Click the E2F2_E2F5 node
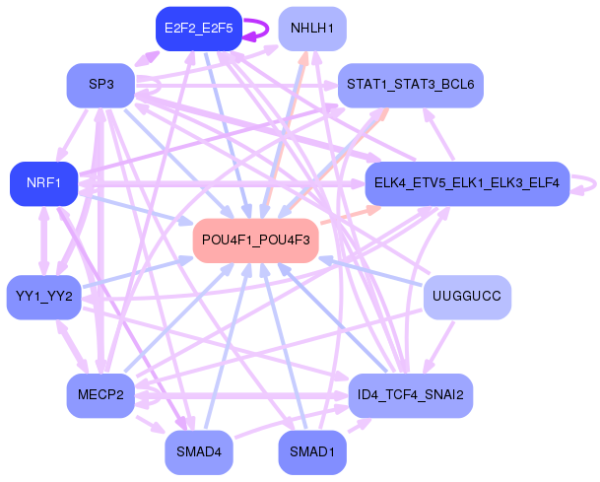click(199, 29)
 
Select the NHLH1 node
click(312, 29)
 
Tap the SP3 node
click(100, 85)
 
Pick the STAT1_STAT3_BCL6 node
click(410, 85)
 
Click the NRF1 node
click(43, 183)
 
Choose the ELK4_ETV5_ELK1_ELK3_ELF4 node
click(467, 183)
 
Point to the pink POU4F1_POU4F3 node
click(255, 240)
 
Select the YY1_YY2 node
click(43, 297)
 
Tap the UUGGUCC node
click(467, 297)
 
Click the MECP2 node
click(100, 395)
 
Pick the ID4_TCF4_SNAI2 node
click(411, 395)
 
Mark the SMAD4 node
click(199, 451)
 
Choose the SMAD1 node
click(311, 451)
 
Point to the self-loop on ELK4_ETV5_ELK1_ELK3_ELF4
click(587, 183)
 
